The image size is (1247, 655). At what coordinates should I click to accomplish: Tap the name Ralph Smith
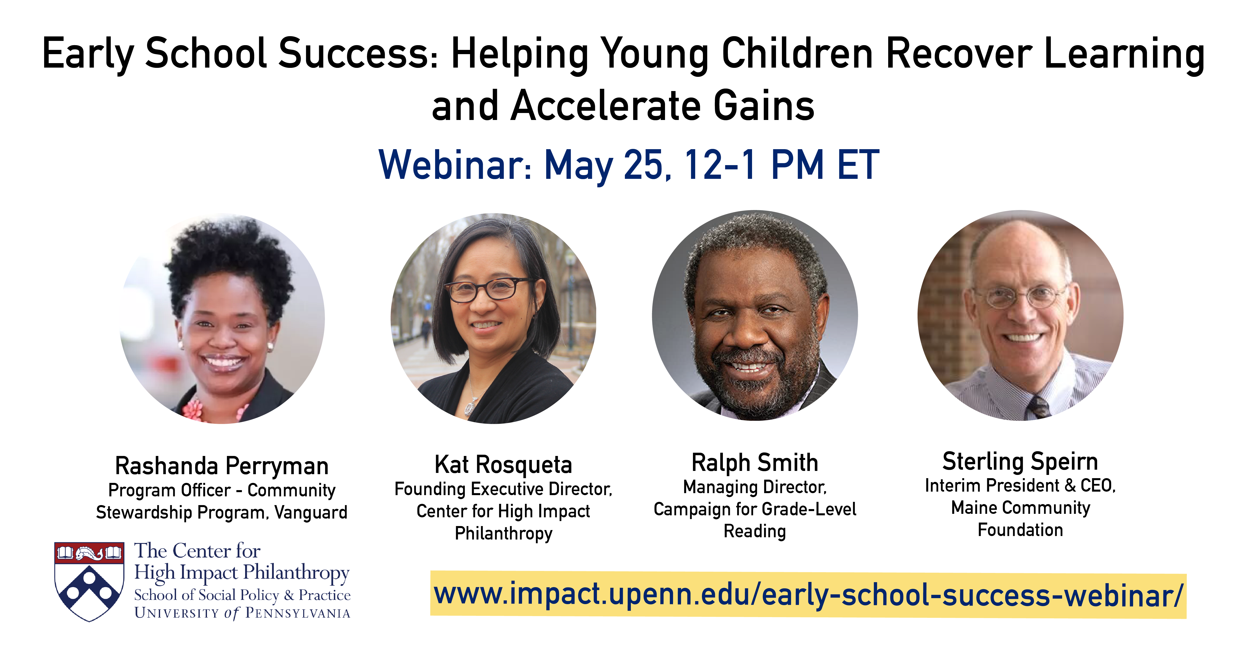pos(755,462)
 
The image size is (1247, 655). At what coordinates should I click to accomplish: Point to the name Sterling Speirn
pos(1020,461)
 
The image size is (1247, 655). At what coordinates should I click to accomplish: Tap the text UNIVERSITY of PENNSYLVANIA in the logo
pos(242,613)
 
